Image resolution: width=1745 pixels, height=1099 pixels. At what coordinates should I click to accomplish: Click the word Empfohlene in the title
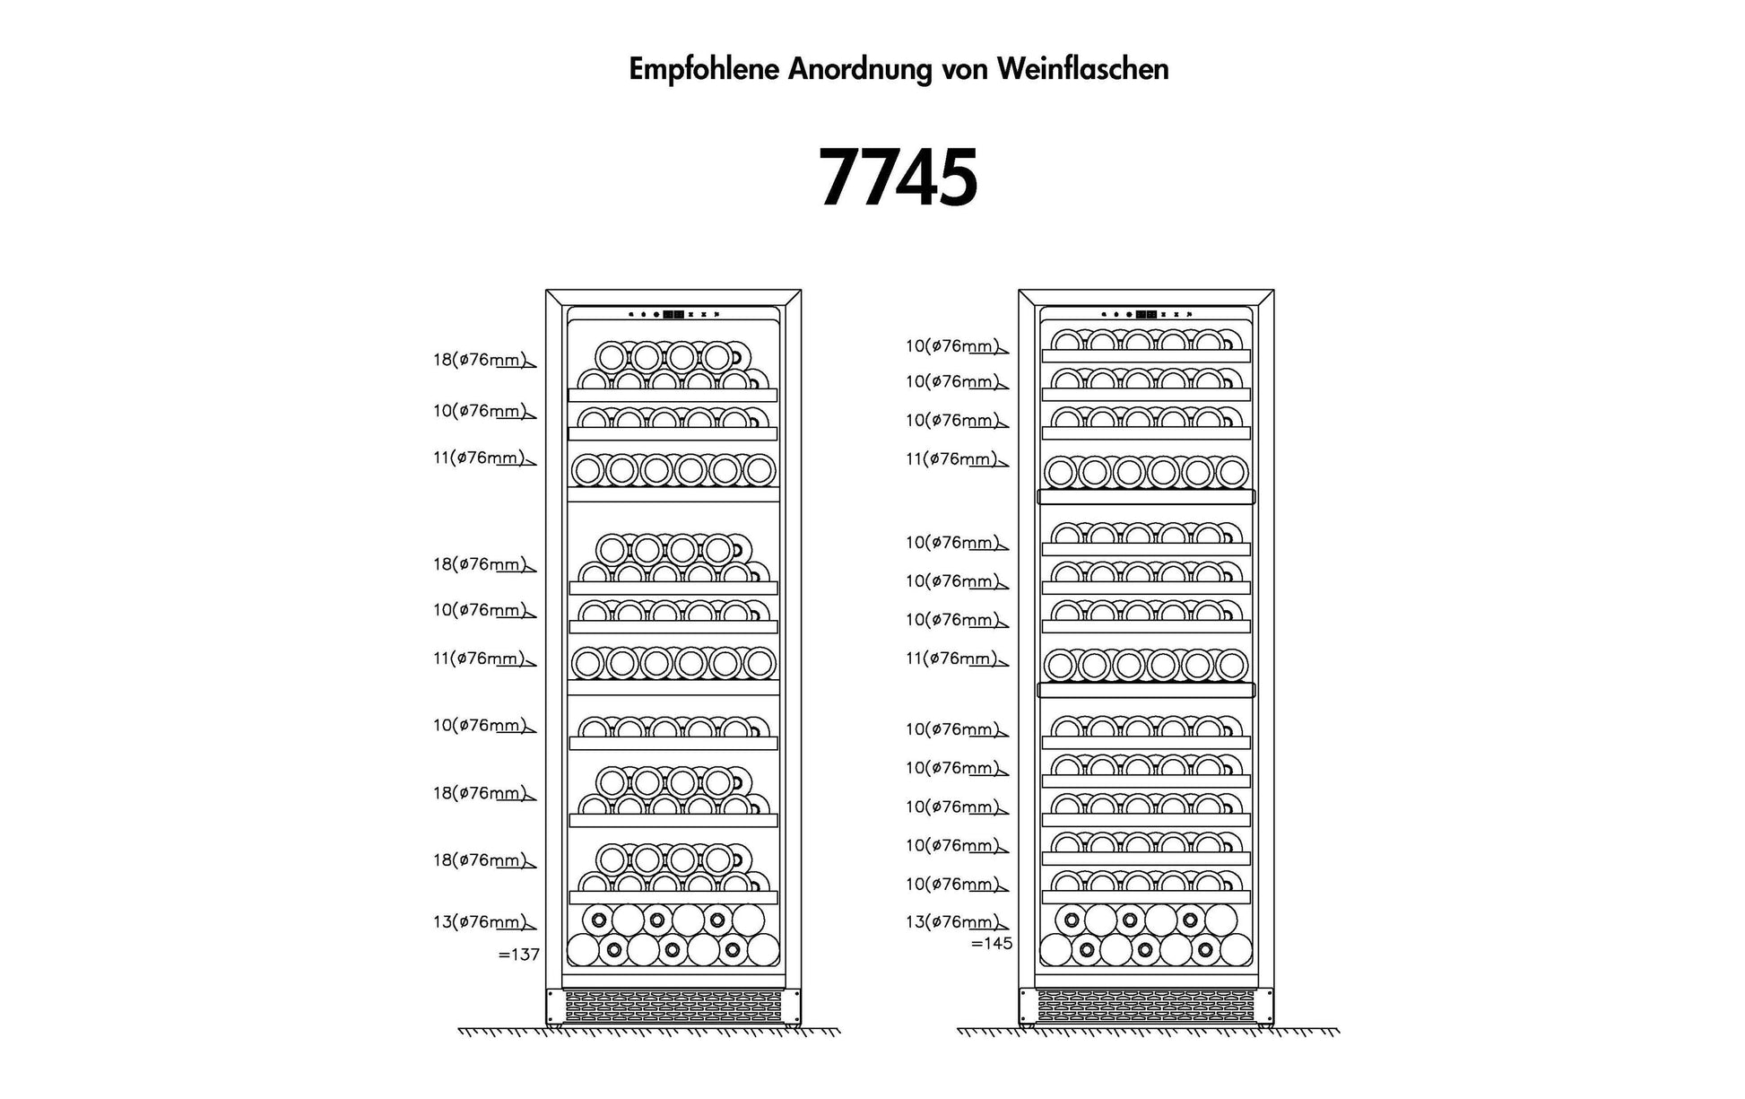click(x=704, y=70)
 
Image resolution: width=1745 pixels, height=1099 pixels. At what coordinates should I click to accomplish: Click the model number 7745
click(x=899, y=178)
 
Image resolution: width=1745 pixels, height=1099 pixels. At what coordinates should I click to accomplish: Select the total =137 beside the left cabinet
click(x=519, y=955)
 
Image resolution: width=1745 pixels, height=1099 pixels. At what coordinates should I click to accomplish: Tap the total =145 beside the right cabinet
click(x=992, y=943)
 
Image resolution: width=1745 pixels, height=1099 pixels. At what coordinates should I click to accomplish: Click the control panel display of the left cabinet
click(x=673, y=315)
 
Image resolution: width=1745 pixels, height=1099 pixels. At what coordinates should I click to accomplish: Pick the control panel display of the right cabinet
click(x=1146, y=315)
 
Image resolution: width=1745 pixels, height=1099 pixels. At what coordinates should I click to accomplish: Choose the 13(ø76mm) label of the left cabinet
click(x=481, y=921)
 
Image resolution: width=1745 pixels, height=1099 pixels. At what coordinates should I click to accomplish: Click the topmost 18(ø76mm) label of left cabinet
click(x=481, y=360)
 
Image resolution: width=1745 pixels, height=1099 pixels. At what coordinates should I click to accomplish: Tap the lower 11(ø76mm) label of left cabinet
click(x=481, y=658)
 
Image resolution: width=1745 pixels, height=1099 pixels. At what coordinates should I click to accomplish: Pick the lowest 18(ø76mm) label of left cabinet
click(x=481, y=859)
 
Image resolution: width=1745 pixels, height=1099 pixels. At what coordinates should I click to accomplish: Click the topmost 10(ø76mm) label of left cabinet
click(x=481, y=410)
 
